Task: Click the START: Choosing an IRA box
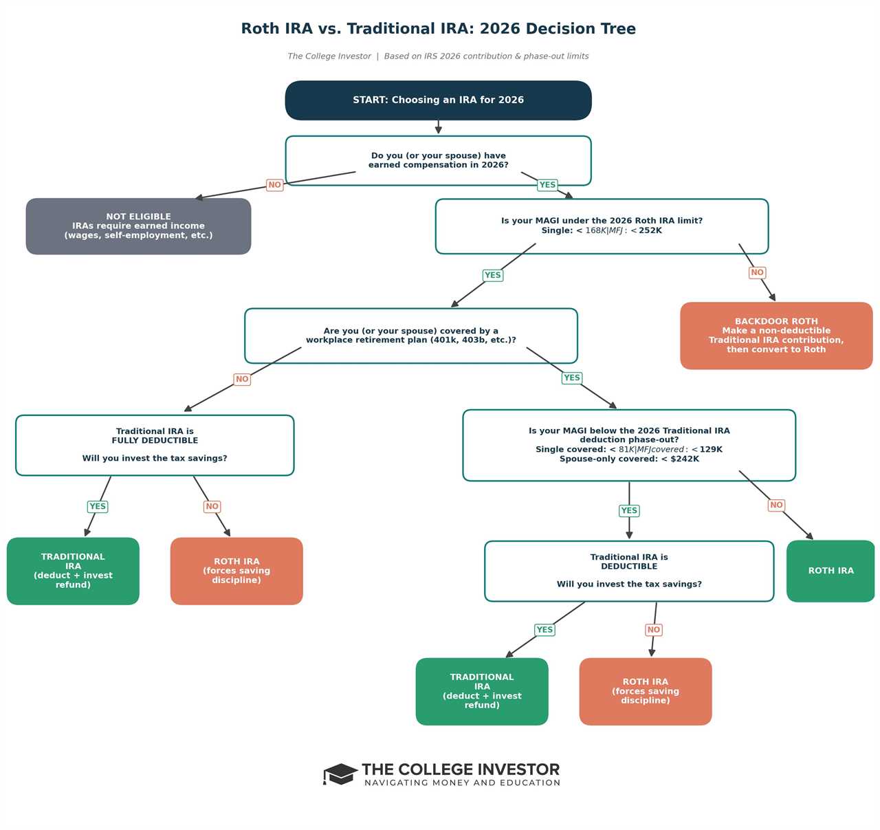(x=438, y=100)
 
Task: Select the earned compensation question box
(x=438, y=160)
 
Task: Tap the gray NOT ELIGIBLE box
(x=138, y=226)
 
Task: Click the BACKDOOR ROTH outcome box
(x=776, y=336)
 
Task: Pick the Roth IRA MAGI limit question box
(x=602, y=226)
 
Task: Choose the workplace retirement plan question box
(x=410, y=336)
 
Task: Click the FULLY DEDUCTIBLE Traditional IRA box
(x=155, y=445)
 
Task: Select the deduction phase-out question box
(x=629, y=445)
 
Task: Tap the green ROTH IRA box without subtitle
(x=830, y=571)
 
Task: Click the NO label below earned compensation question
(x=274, y=185)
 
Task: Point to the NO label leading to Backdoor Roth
(x=757, y=273)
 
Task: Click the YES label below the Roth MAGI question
(x=493, y=276)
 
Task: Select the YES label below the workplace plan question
(x=571, y=378)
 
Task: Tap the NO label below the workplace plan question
(x=242, y=380)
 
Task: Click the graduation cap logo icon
(x=340, y=774)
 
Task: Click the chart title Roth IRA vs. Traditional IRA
(x=438, y=29)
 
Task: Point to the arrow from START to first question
(x=438, y=127)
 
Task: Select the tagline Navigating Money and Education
(x=462, y=783)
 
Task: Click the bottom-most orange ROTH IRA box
(x=645, y=691)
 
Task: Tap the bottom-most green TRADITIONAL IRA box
(x=482, y=691)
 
